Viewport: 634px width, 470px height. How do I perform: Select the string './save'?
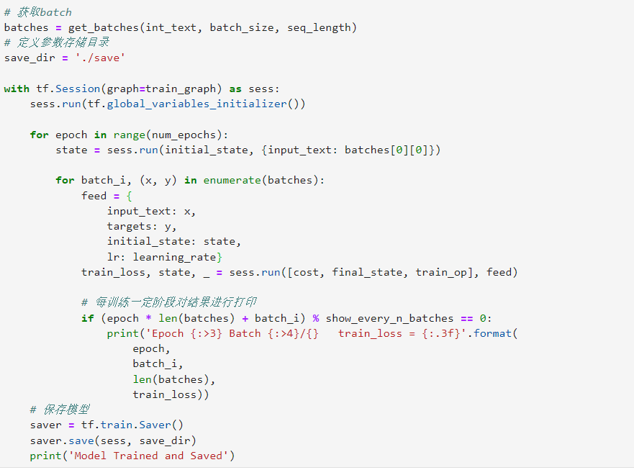click(100, 58)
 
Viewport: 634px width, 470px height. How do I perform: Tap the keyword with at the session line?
click(17, 89)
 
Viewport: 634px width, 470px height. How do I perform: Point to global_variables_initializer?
click(196, 104)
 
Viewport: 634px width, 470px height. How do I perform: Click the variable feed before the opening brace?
click(94, 196)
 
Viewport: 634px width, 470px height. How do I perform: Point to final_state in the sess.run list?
click(373, 272)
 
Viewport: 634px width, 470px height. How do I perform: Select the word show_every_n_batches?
click(389, 318)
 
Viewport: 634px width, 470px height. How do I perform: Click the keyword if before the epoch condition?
click(87, 318)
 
